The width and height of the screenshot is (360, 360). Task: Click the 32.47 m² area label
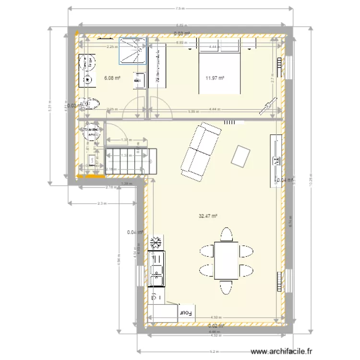208,216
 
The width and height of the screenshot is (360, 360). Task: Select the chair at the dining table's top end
227,234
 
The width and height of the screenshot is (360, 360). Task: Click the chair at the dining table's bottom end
226,287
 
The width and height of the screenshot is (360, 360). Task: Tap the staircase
130,161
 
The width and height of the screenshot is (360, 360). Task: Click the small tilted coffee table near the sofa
240,156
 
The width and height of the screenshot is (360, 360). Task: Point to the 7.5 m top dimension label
180,8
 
